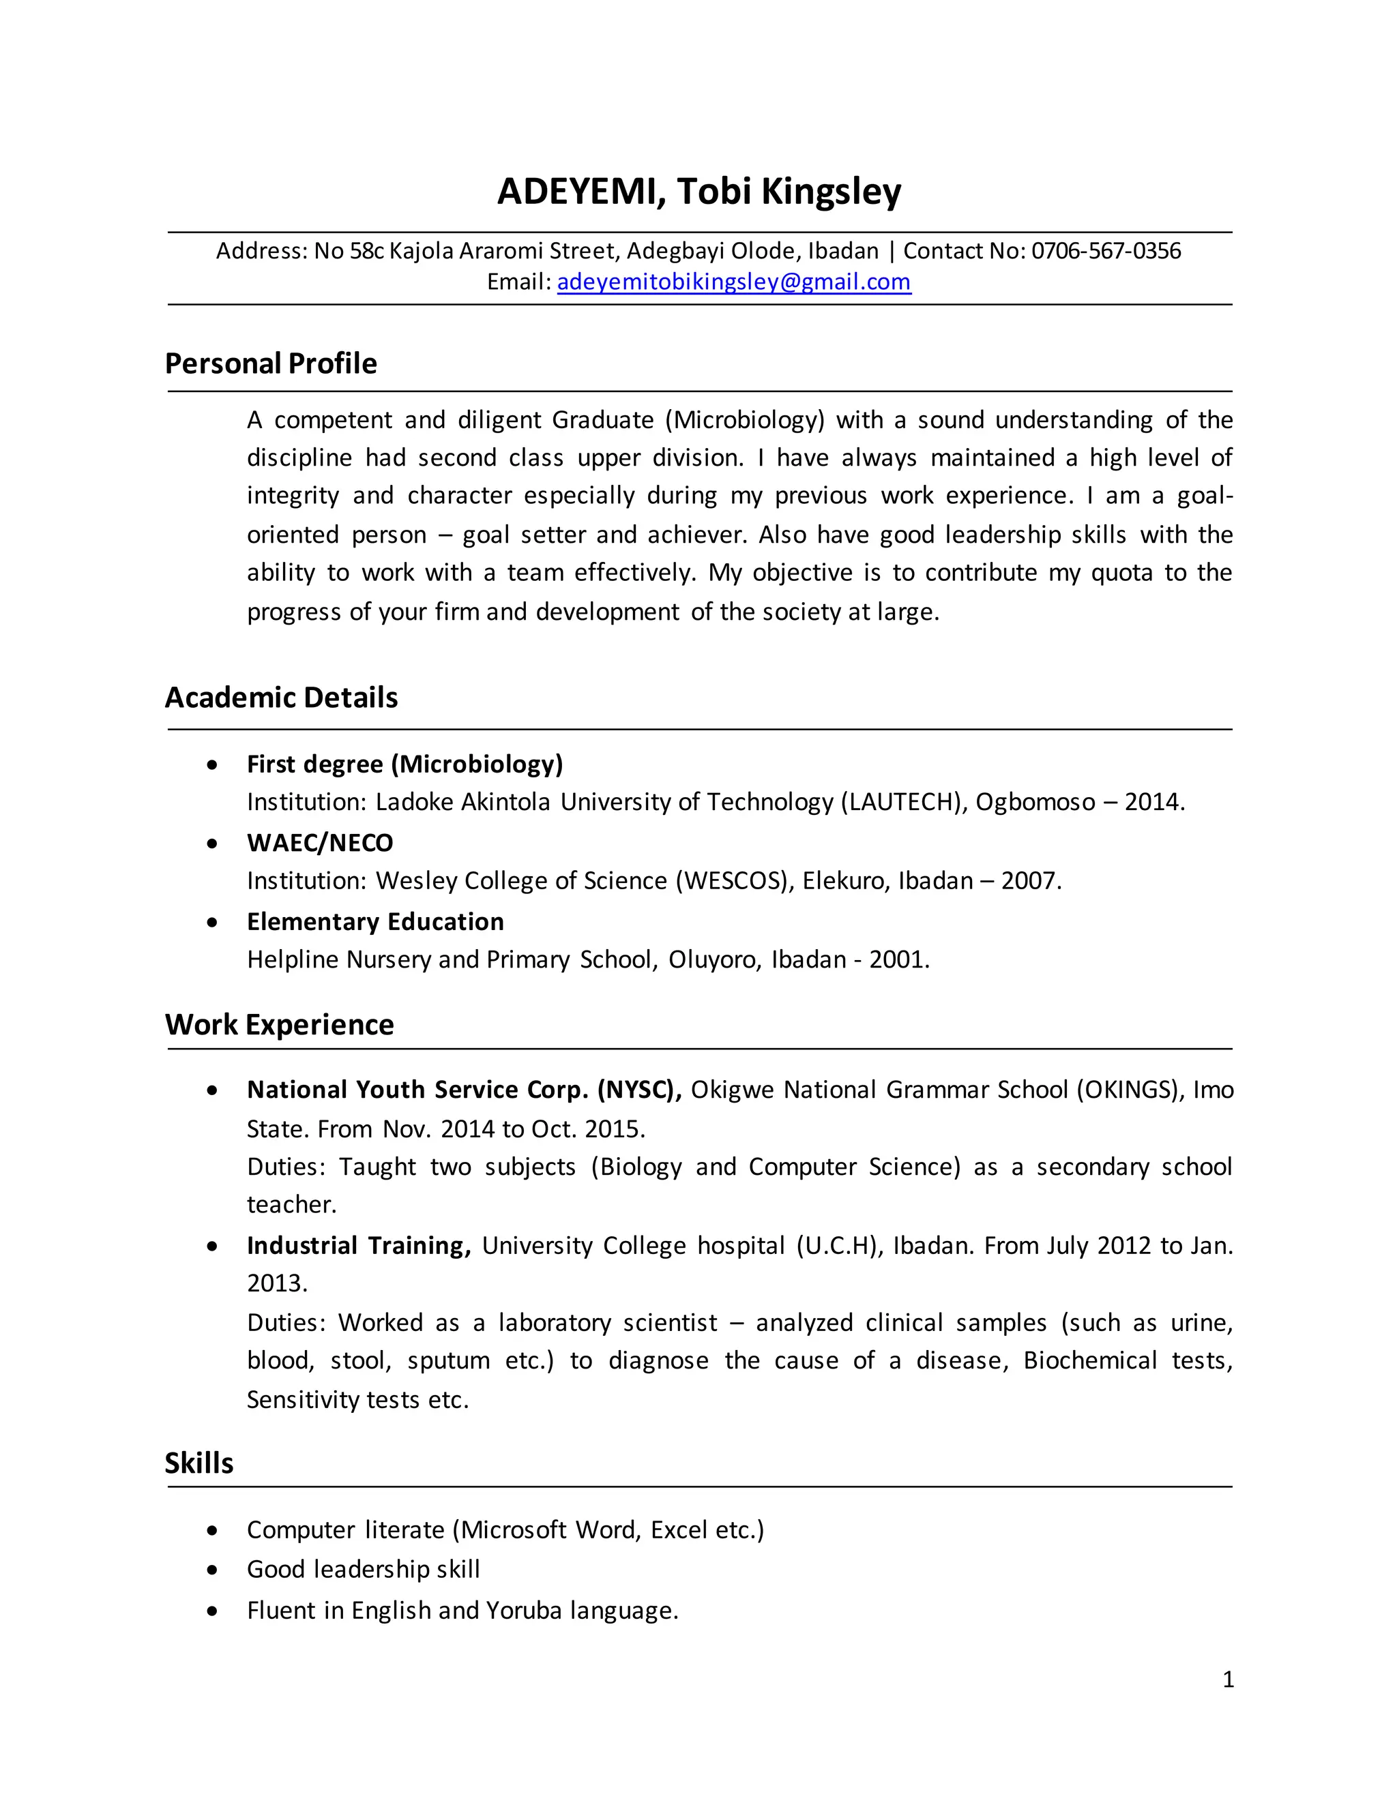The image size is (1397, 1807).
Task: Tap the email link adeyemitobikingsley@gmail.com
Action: click(x=733, y=282)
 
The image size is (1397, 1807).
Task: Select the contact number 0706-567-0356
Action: click(x=1106, y=251)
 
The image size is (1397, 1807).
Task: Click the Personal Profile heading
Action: click(x=271, y=364)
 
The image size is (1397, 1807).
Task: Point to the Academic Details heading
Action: click(x=282, y=698)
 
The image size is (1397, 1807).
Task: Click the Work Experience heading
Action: click(x=279, y=1024)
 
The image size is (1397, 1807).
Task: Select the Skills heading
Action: click(x=198, y=1463)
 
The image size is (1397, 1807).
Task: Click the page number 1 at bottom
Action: click(x=1228, y=1679)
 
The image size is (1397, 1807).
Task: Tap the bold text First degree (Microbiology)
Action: click(x=405, y=764)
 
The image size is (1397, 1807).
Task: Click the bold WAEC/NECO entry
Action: click(x=319, y=843)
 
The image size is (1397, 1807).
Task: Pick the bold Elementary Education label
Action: click(x=375, y=922)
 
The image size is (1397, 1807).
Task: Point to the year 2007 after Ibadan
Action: click(x=1029, y=880)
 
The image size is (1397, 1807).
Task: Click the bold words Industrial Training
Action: click(x=358, y=1245)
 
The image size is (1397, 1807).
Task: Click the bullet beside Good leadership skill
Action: click(x=213, y=1570)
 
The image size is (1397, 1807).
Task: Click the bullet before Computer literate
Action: click(x=213, y=1531)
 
